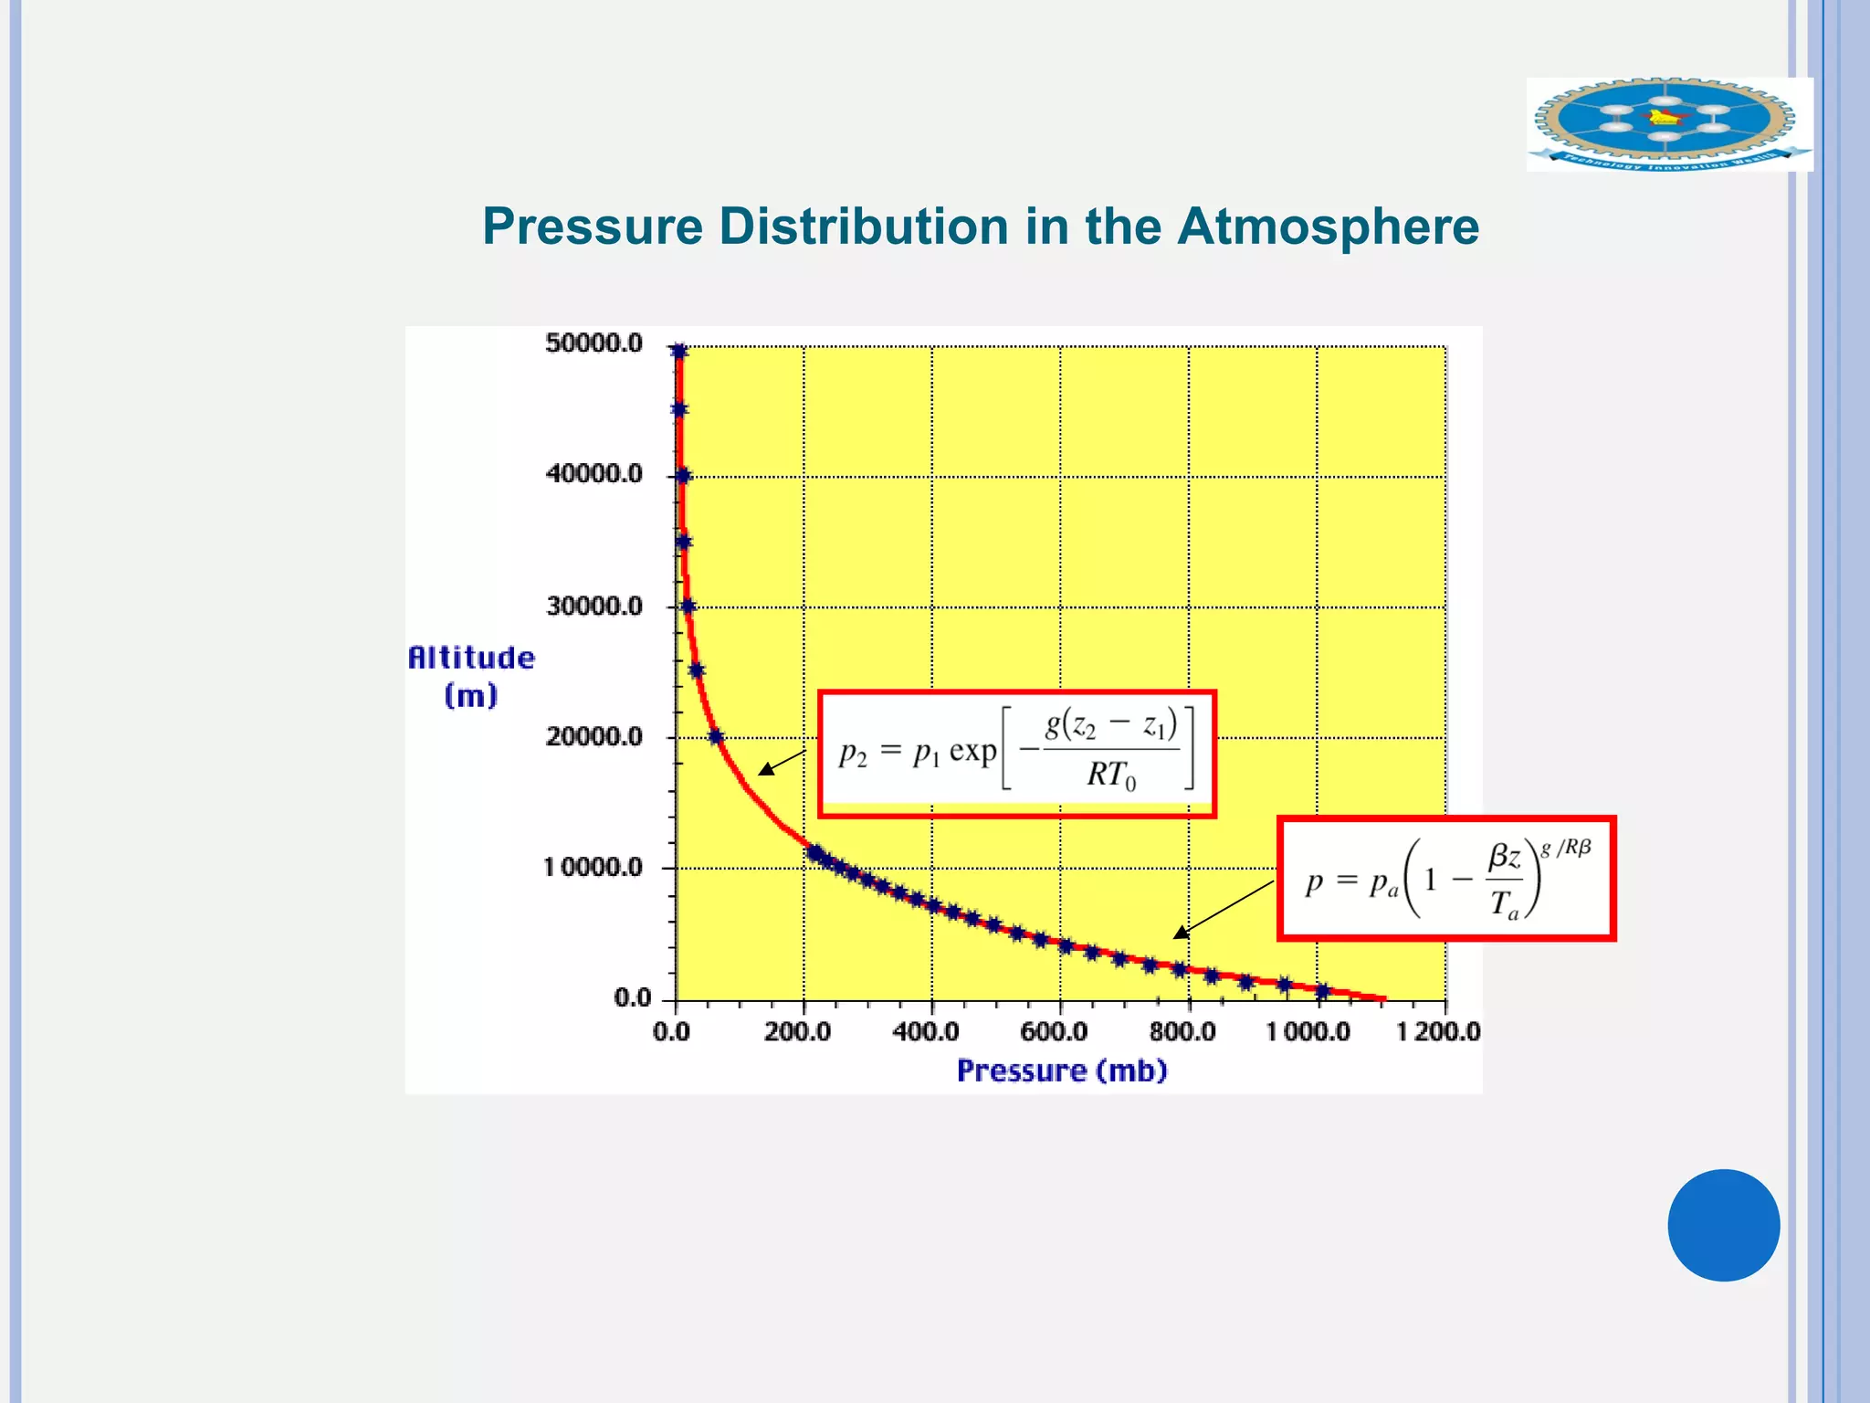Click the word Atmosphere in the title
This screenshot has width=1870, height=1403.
coord(1328,227)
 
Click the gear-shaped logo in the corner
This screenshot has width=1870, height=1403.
coord(1667,124)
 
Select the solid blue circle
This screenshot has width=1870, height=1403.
coord(1723,1225)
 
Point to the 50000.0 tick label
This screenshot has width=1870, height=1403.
coord(594,343)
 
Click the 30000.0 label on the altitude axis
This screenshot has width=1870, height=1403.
coord(594,607)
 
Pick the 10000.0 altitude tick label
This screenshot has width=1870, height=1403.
coord(594,867)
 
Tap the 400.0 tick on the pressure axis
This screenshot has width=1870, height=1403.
coord(925,1032)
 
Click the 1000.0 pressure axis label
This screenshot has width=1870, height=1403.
coord(1308,1032)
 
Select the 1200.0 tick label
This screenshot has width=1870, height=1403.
coord(1438,1032)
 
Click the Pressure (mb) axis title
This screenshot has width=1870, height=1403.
coord(1062,1071)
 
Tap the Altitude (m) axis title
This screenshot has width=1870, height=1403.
coord(471,676)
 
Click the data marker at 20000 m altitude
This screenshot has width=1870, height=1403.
coord(716,737)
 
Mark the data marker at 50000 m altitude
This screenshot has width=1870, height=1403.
coord(678,352)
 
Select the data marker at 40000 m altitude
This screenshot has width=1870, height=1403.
coord(683,476)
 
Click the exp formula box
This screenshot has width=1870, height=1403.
coord(1016,753)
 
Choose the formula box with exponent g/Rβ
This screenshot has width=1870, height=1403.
coord(1446,879)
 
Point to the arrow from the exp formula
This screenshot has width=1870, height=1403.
coord(782,762)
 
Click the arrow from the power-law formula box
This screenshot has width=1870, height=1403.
coord(1224,909)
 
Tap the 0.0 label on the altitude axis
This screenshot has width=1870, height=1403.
coord(632,997)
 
